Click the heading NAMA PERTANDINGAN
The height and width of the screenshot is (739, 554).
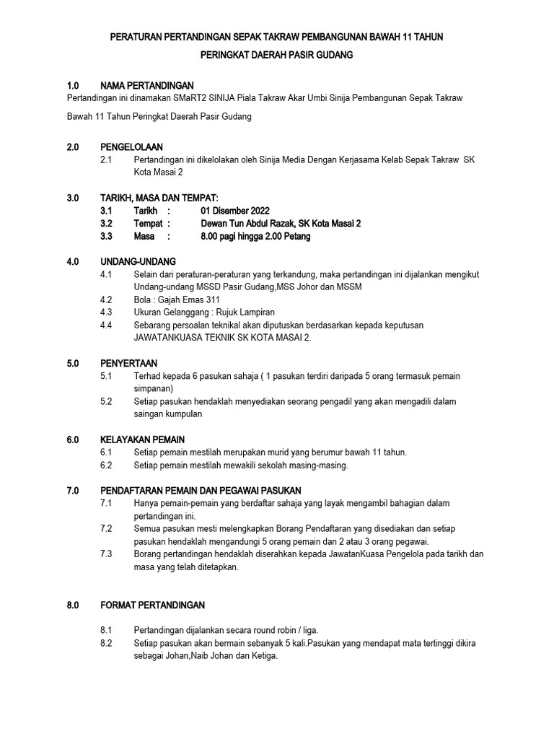point(147,85)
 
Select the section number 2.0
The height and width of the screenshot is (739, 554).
point(72,147)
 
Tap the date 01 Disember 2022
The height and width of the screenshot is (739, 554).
point(235,211)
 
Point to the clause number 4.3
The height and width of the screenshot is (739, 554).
point(107,312)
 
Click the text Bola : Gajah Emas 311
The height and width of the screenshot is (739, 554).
point(177,299)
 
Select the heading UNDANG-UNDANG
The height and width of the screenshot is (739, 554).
point(138,261)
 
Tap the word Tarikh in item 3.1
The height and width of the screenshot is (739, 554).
point(146,211)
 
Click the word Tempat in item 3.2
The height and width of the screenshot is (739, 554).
point(147,224)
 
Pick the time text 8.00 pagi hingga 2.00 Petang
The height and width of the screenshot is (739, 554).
point(255,237)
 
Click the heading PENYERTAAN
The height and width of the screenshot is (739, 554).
point(129,363)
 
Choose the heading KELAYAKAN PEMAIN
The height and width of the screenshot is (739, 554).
point(143,440)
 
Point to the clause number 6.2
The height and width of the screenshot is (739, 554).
point(107,465)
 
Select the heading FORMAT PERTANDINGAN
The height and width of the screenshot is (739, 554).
point(153,605)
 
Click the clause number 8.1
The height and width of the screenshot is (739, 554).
point(107,630)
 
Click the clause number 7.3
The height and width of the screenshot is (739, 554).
point(107,554)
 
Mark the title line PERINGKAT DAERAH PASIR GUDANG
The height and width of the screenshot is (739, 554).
point(276,55)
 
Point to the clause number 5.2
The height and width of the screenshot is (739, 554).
point(107,401)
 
